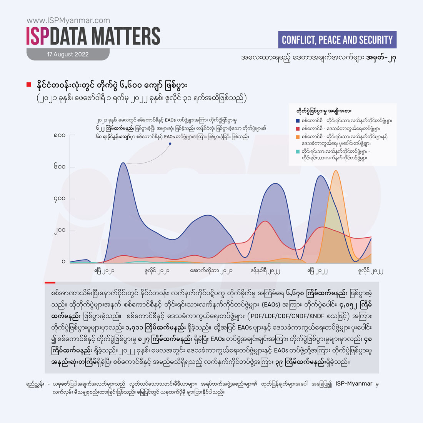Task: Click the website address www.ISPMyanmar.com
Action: (68, 21)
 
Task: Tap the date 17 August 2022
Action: (68, 55)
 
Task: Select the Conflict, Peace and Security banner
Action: (337, 40)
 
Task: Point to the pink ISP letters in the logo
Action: (38, 37)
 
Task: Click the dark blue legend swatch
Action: (298, 121)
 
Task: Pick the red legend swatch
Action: (298, 128)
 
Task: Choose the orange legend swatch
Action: (298, 137)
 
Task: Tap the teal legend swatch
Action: (298, 152)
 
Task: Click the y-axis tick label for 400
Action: (60, 199)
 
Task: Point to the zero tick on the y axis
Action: (63, 262)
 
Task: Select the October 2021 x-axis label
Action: (211, 271)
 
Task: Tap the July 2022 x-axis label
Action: (371, 271)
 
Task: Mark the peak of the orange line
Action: (336, 171)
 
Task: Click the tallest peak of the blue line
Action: (122, 163)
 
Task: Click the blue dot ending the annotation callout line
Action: (170, 144)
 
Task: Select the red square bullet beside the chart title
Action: (28, 85)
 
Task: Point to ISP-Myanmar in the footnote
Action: (354, 384)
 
